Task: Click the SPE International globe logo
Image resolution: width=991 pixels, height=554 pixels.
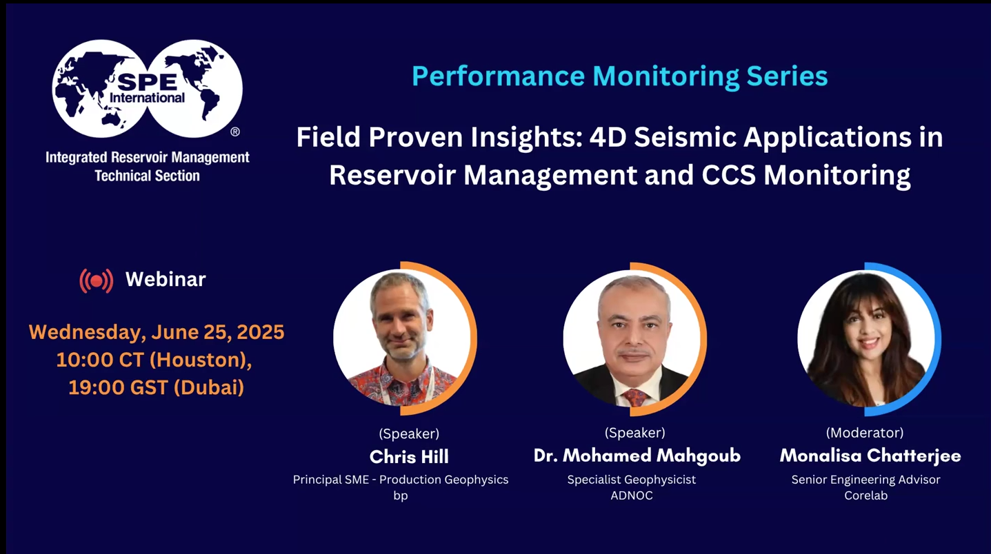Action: tap(147, 88)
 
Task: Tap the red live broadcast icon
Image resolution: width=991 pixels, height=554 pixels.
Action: tap(97, 280)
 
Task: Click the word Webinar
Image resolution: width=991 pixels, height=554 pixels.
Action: tap(166, 279)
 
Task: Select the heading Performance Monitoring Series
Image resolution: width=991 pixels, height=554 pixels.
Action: tap(619, 76)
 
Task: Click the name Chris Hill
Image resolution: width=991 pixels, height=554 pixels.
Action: tap(409, 456)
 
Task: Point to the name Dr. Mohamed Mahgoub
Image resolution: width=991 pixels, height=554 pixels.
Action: tap(637, 455)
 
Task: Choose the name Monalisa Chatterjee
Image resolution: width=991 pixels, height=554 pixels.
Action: tap(870, 455)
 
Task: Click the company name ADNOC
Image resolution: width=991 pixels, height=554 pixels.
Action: tap(631, 495)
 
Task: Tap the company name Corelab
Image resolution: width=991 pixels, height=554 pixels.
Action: tap(865, 495)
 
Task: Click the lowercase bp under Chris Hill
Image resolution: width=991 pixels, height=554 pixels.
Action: tap(401, 495)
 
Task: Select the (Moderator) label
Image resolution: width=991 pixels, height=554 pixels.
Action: tap(865, 433)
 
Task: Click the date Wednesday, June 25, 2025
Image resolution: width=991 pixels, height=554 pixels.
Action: tap(157, 332)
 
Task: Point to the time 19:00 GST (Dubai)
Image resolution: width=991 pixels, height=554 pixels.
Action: tap(156, 388)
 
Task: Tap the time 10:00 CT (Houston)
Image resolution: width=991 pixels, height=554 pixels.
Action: tap(154, 360)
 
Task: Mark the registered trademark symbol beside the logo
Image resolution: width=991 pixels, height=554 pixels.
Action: tap(234, 131)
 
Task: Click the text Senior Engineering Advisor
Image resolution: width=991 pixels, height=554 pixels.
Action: tap(865, 480)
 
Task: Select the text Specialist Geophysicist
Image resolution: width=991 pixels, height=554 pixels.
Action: tap(631, 480)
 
